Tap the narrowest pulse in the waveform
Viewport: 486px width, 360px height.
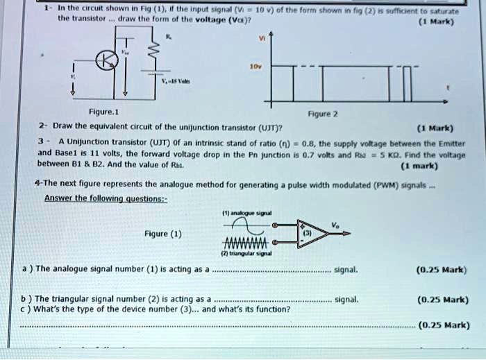[409, 83]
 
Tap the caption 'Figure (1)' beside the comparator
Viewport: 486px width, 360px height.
[163, 234]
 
